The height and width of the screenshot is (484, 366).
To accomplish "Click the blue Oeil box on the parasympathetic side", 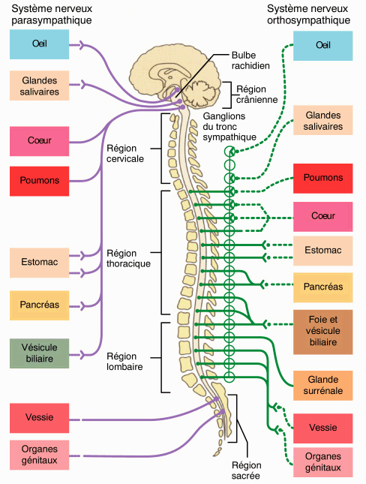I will click(x=39, y=45).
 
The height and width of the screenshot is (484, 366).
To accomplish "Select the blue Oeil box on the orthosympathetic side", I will click(x=323, y=46).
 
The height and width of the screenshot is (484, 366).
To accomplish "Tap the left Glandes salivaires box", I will click(x=39, y=86).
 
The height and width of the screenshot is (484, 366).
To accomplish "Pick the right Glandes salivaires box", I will click(x=323, y=121).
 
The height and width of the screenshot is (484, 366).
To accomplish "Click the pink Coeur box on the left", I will click(x=39, y=140).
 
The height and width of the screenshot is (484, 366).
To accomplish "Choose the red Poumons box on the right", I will click(x=323, y=178).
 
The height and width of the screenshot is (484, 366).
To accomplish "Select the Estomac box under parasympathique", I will click(x=39, y=262).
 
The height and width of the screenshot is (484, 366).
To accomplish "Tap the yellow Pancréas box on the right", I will click(x=323, y=287).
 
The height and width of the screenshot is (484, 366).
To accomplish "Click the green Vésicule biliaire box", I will click(x=39, y=353).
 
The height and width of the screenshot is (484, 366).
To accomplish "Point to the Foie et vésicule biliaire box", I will click(x=323, y=331).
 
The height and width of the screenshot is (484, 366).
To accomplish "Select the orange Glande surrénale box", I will click(x=323, y=384).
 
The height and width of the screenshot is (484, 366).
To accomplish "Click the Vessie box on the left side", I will click(x=39, y=417).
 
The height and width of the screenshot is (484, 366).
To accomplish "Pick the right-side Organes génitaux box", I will click(x=323, y=461).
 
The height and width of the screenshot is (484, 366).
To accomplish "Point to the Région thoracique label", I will click(x=129, y=258).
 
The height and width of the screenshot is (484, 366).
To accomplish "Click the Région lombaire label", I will click(x=124, y=362).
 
